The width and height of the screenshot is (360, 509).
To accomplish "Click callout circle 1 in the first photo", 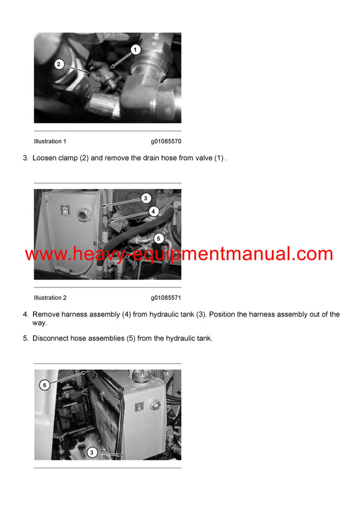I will click(136, 49).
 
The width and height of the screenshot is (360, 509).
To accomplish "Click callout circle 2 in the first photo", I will click(59, 64).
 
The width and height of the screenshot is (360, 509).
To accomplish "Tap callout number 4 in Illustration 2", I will click(154, 211).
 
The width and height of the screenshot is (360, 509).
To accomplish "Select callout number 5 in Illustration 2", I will click(158, 238).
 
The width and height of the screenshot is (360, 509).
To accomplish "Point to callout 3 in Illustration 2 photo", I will click(146, 198).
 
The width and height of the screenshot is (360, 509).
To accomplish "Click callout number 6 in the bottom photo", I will click(44, 384).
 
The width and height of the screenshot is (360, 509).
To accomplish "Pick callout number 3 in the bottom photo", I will click(91, 453).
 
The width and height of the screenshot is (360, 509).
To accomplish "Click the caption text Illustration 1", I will click(50, 141).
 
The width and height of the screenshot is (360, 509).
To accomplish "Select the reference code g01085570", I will click(166, 141).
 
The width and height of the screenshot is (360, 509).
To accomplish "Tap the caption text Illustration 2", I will click(50, 298).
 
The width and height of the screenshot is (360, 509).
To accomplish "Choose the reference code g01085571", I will click(166, 298).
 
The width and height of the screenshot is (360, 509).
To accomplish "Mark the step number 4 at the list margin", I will click(25, 314).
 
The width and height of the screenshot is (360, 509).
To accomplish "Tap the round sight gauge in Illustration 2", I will click(83, 211).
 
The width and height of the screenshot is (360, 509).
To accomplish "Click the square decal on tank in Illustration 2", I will click(64, 210).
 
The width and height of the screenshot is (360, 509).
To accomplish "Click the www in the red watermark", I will click(44, 254).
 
